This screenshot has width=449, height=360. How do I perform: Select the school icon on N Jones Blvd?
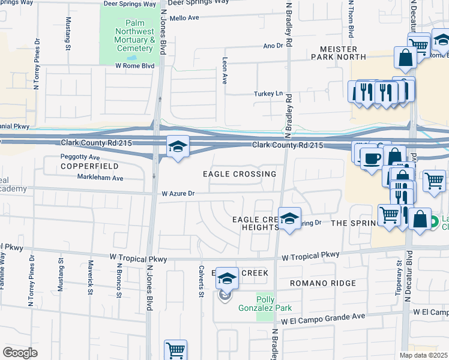pyautogui.click(x=177, y=147)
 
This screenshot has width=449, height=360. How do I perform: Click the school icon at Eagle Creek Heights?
pyautogui.click(x=289, y=219)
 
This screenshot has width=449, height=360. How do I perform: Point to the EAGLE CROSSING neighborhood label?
pyautogui.click(x=239, y=174)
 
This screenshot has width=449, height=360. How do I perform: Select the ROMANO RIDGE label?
pyautogui.click(x=322, y=283)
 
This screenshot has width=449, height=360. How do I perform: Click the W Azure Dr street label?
pyautogui.click(x=178, y=194)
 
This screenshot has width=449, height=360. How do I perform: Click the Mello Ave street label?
pyautogui.click(x=184, y=18)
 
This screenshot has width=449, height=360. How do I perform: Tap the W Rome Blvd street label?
pyautogui.click(x=134, y=65)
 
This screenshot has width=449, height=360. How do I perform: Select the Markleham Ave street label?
pyautogui.click(x=100, y=178)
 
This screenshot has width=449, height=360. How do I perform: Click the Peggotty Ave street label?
pyautogui.click(x=79, y=157)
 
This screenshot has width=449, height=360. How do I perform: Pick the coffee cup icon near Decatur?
pyautogui.click(x=371, y=158)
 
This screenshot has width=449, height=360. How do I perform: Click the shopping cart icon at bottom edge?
pyautogui.click(x=175, y=350)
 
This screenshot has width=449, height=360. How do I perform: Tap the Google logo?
pyautogui.click(x=20, y=352)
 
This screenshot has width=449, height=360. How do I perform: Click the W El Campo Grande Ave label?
pyautogui.click(x=323, y=315)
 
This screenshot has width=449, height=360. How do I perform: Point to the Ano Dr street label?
pyautogui.click(x=272, y=46)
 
